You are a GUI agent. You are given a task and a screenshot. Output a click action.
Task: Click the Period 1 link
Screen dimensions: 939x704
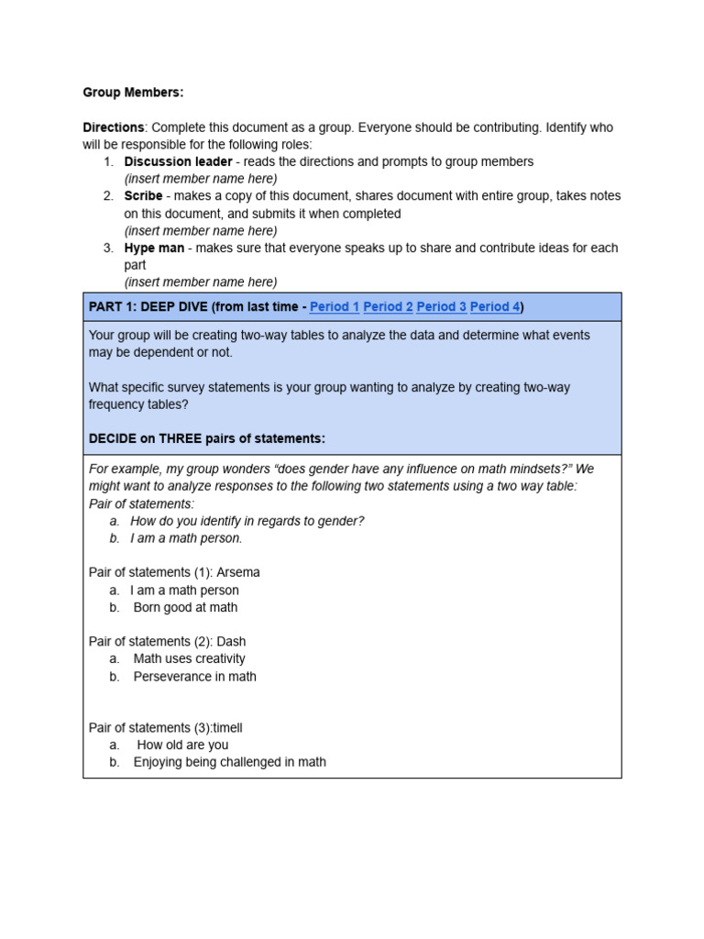[335, 306]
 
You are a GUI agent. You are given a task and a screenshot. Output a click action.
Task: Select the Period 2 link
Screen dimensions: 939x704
[388, 306]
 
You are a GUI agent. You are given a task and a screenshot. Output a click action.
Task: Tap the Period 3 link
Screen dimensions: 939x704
[441, 306]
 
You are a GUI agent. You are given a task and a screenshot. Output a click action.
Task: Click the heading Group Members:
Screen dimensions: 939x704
[133, 93]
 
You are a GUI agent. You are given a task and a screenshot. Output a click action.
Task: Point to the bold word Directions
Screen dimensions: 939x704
[114, 127]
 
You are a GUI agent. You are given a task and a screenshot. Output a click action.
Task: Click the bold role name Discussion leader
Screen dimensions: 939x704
[178, 161]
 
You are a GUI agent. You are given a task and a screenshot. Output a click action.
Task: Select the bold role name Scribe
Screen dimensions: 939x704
[143, 196]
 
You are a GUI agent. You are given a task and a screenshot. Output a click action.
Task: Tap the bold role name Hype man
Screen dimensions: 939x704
[154, 248]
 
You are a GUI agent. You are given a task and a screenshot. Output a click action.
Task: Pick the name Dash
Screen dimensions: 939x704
[231, 642]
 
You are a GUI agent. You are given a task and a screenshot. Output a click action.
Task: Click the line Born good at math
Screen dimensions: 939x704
[185, 607]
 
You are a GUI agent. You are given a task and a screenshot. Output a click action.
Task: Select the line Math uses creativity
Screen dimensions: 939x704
[190, 658]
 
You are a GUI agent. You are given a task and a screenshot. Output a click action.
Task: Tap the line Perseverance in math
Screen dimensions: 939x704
[194, 677]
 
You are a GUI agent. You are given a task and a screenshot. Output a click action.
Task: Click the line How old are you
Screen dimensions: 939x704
[182, 745]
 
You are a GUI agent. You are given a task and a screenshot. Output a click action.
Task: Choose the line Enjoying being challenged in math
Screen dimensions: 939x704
[229, 762]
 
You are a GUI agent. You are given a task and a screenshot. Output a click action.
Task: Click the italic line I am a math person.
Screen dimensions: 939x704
[186, 538]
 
